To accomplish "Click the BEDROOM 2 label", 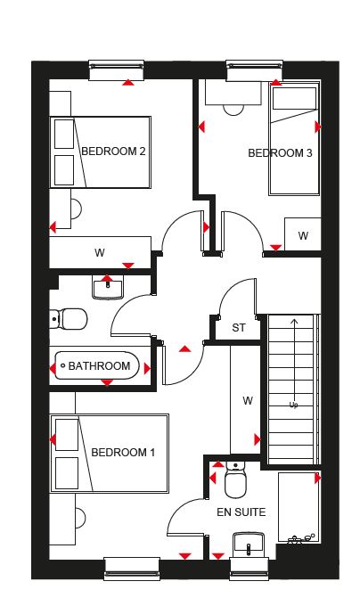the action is click(113, 151).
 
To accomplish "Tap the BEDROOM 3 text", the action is click(280, 153).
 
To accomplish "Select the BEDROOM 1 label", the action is click(123, 452).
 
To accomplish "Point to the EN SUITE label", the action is click(241, 512).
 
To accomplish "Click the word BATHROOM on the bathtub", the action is click(99, 366).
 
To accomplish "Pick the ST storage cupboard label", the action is click(239, 328).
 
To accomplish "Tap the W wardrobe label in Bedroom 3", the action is click(303, 236).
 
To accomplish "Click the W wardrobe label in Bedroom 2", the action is click(100, 253).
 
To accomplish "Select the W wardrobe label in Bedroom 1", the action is click(248, 401).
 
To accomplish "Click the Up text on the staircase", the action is click(293, 405).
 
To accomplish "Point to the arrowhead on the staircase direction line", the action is click(295, 321).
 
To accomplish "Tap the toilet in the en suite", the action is click(235, 480).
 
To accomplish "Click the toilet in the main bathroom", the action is click(69, 319).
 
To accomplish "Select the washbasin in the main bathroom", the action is click(108, 288).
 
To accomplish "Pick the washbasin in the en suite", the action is click(249, 545).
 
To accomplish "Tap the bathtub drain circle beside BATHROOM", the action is click(63, 365).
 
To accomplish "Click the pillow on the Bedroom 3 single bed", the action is click(294, 99).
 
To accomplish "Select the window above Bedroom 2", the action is click(116, 70).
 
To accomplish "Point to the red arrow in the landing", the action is click(185, 349).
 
